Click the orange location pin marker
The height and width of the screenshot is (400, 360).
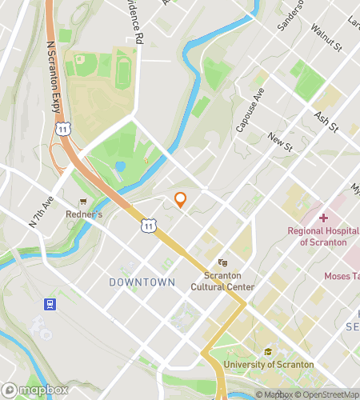pyautogui.click(x=181, y=200)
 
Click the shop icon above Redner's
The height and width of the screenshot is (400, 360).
pyautogui.click(x=82, y=202)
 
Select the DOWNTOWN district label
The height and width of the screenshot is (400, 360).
pyautogui.click(x=142, y=282)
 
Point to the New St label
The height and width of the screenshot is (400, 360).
pyautogui.click(x=278, y=140)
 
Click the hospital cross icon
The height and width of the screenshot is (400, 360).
pyautogui.click(x=323, y=218)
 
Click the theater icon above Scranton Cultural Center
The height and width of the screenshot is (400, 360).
pyautogui.click(x=223, y=262)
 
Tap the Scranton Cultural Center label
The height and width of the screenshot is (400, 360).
pyautogui.click(x=223, y=282)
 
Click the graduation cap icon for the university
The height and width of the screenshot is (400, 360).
pyautogui.click(x=269, y=353)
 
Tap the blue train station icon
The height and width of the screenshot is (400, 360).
pyautogui.click(x=50, y=305)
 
